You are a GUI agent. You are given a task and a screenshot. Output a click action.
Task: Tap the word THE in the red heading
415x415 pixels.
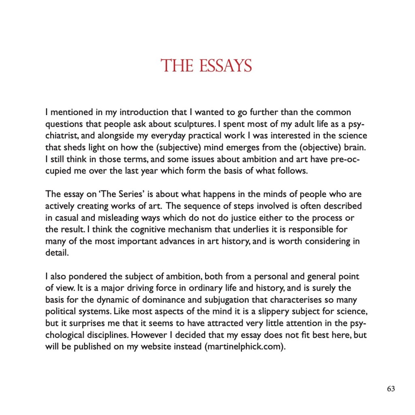[x=176, y=66]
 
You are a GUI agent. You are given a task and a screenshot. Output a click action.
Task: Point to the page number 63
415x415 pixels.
[x=391, y=389]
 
